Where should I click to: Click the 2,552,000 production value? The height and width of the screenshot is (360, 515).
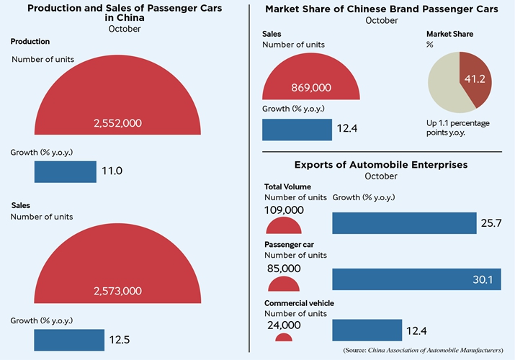[117, 123]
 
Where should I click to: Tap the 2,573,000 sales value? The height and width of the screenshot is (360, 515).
[117, 291]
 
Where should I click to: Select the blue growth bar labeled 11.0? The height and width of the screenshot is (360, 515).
[66, 171]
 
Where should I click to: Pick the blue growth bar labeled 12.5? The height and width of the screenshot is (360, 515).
[69, 340]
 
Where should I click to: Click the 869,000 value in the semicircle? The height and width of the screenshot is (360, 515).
[311, 87]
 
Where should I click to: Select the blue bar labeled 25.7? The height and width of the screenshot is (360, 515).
[404, 223]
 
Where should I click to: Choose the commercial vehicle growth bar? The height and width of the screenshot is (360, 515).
[367, 330]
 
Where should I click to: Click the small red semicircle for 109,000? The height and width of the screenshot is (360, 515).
[284, 227]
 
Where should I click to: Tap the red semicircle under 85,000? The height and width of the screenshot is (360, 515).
[284, 284]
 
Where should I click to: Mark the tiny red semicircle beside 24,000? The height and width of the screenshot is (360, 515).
[284, 336]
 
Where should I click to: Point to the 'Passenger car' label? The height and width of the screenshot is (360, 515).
[290, 245]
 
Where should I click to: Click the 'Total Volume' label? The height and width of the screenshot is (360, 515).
[288, 186]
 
